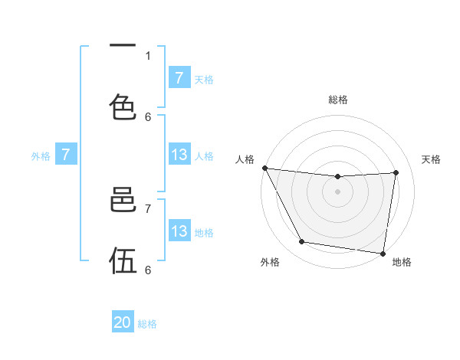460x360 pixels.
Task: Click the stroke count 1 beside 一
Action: [148, 55]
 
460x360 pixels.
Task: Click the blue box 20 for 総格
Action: [123, 322]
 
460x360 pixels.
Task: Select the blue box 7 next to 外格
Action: [66, 155]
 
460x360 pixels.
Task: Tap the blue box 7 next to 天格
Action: [179, 77]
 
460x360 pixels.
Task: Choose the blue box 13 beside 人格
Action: [179, 155]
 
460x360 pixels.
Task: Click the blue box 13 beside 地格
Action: [179, 231]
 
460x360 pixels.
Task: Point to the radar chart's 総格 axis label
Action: [338, 100]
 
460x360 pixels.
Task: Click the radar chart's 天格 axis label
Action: [432, 159]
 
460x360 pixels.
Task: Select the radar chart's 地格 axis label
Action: [402, 262]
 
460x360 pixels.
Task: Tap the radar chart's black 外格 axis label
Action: [270, 262]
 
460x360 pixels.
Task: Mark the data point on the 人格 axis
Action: [264, 168]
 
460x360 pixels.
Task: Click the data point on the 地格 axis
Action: [383, 253]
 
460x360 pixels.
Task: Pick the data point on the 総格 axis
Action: [338, 177]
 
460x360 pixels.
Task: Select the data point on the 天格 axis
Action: [396, 172]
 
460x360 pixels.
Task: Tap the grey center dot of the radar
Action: [338, 191]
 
